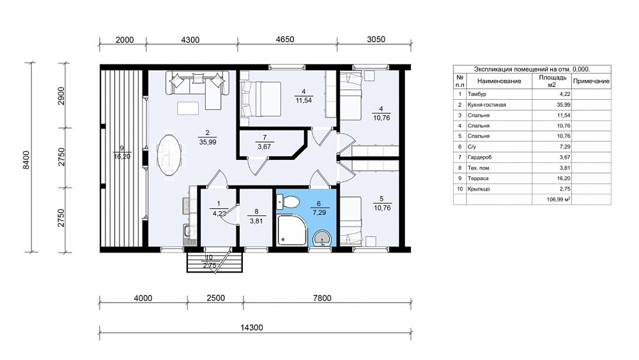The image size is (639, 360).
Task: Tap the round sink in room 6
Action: click(x=322, y=238)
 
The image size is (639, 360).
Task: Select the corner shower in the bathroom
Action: click(x=292, y=231)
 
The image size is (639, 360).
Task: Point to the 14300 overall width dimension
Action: click(x=251, y=327)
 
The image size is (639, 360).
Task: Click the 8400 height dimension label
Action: click(x=26, y=160)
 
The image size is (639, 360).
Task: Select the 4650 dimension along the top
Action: click(x=285, y=40)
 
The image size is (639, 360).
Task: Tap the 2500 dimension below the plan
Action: click(x=215, y=298)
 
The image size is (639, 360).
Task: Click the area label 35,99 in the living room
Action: click(x=208, y=143)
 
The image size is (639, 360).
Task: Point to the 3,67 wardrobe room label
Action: click(x=264, y=147)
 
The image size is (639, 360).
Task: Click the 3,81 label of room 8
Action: click(x=256, y=221)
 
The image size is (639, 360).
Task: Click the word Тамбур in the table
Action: click(x=477, y=94)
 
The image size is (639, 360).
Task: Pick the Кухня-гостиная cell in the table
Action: click(x=486, y=105)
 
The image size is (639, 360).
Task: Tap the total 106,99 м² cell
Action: click(x=558, y=200)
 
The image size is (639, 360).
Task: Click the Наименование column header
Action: click(x=499, y=81)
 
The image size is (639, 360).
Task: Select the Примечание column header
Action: click(x=591, y=81)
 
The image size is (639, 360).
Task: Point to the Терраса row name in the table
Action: click(x=478, y=178)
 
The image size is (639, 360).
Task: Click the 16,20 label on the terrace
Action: click(x=122, y=156)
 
